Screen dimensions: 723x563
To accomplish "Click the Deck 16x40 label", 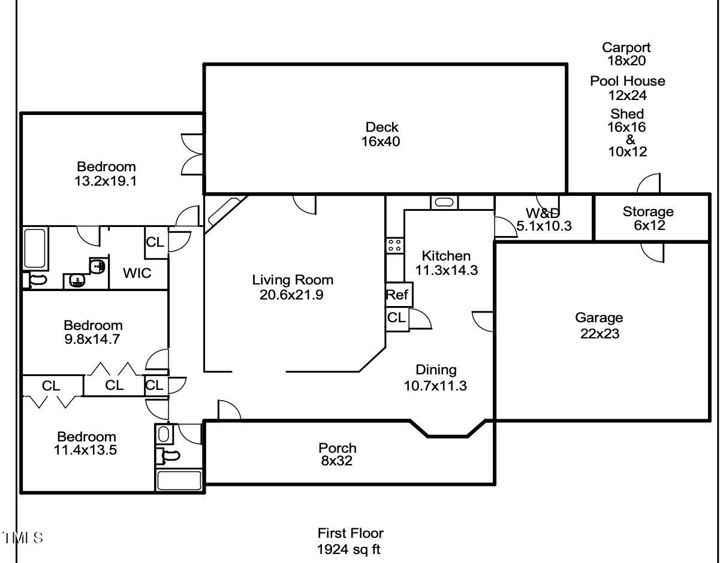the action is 381,134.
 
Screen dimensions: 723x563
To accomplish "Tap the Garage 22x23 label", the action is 600,325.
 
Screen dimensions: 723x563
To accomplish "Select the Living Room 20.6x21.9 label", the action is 293,287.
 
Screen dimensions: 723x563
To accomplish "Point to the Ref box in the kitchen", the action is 399,295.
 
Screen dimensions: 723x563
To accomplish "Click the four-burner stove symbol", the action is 394,246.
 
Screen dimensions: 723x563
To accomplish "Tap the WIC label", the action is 137,273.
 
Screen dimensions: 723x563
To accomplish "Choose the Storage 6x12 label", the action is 649,219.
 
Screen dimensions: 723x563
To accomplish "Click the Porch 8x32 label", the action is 338,455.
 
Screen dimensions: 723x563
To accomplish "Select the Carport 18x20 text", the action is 626,54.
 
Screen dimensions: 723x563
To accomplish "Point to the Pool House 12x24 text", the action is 628,88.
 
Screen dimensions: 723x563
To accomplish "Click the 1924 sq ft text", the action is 349,550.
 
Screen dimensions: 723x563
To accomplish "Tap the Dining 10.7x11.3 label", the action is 435,377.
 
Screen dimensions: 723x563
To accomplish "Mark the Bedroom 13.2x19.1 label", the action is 106,174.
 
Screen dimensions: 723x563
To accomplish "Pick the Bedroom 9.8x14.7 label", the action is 93,332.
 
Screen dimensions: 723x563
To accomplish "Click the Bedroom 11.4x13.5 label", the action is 86,443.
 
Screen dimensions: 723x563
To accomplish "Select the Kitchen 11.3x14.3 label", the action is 446,263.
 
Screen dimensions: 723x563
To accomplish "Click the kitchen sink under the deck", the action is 444,202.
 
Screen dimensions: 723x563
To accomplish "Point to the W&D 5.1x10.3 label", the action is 544,219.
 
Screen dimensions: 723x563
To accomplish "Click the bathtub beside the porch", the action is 179,480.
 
